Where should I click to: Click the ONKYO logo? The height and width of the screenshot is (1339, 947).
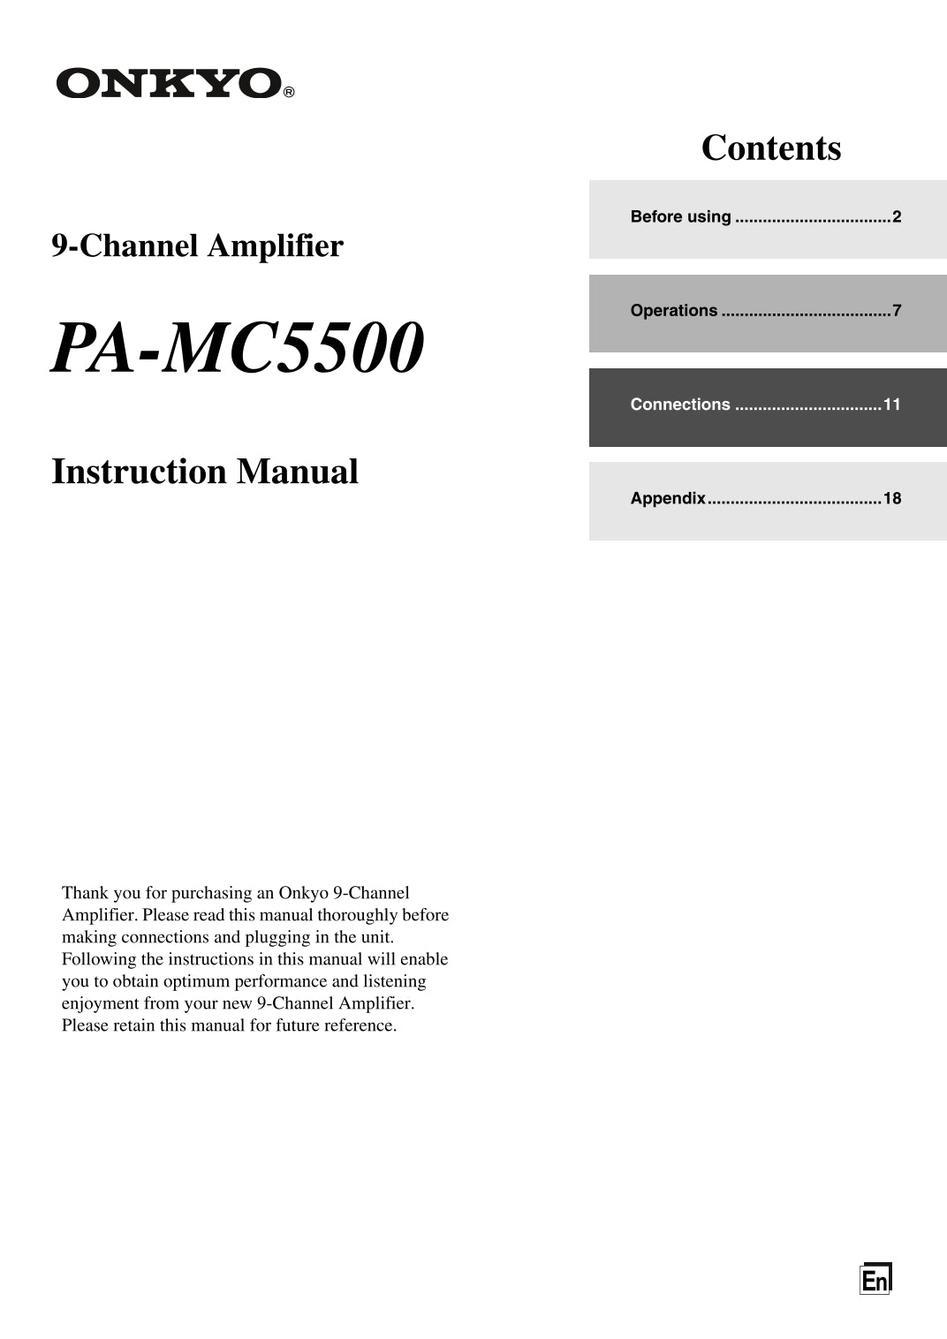(x=169, y=84)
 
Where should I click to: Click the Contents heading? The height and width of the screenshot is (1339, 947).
(x=771, y=148)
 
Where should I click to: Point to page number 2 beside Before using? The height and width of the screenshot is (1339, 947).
(x=897, y=217)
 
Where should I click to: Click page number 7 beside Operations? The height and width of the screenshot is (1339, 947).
(x=897, y=311)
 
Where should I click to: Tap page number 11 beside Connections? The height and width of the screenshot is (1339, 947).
(x=892, y=405)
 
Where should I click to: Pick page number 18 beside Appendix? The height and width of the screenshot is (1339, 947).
(x=892, y=498)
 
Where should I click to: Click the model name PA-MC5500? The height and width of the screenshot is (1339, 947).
(x=238, y=348)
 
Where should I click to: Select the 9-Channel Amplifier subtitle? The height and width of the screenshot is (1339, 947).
(x=197, y=246)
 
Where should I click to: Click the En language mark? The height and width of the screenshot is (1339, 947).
(x=875, y=1279)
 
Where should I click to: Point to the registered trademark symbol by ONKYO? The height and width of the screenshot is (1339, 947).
(x=289, y=92)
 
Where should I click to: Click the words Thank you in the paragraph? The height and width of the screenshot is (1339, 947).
(x=102, y=893)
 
